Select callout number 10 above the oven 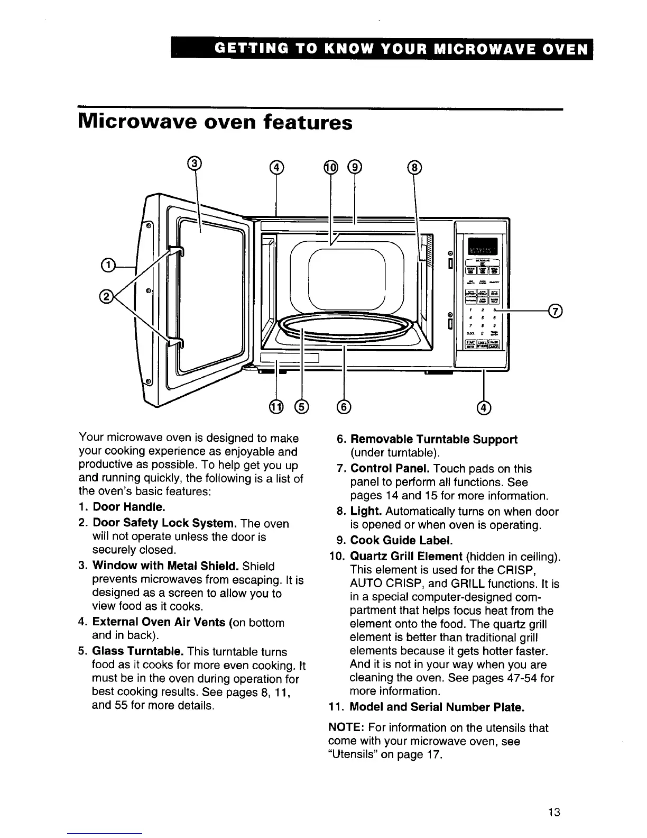tap(330, 168)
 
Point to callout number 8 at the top tap(414, 168)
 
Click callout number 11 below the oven tap(276, 406)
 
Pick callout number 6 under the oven tap(344, 406)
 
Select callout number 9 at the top tap(354, 168)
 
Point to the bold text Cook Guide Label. tap(402, 541)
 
